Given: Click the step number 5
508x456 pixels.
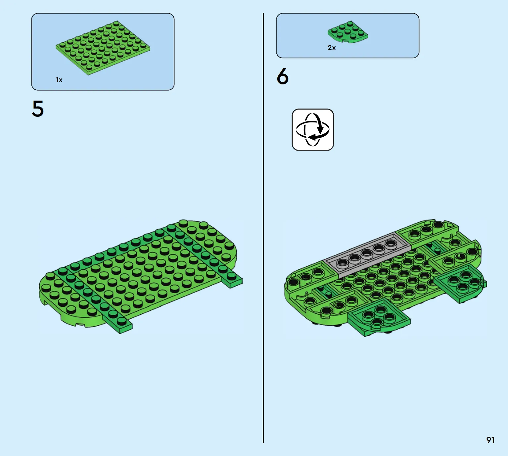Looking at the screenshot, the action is click(x=38, y=109).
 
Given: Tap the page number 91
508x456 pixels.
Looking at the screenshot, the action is click(x=490, y=440).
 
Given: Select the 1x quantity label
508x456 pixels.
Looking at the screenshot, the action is click(x=59, y=80).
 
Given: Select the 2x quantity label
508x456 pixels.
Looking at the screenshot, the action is click(x=332, y=48).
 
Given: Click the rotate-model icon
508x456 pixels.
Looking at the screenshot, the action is click(x=313, y=130).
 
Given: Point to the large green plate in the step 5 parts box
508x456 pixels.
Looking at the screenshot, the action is click(x=103, y=48).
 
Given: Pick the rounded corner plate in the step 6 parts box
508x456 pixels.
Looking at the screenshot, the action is click(x=348, y=32).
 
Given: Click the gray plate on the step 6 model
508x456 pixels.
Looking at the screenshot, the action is click(x=367, y=255).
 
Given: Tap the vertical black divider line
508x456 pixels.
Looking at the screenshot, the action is click(x=263, y=228).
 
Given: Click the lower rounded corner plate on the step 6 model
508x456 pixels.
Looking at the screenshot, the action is click(x=379, y=317).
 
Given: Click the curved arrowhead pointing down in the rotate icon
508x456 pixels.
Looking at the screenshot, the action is click(x=320, y=130).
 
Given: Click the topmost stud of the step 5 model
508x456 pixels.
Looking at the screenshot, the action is click(x=184, y=223).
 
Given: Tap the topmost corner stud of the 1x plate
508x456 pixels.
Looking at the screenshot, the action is click(x=116, y=23).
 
